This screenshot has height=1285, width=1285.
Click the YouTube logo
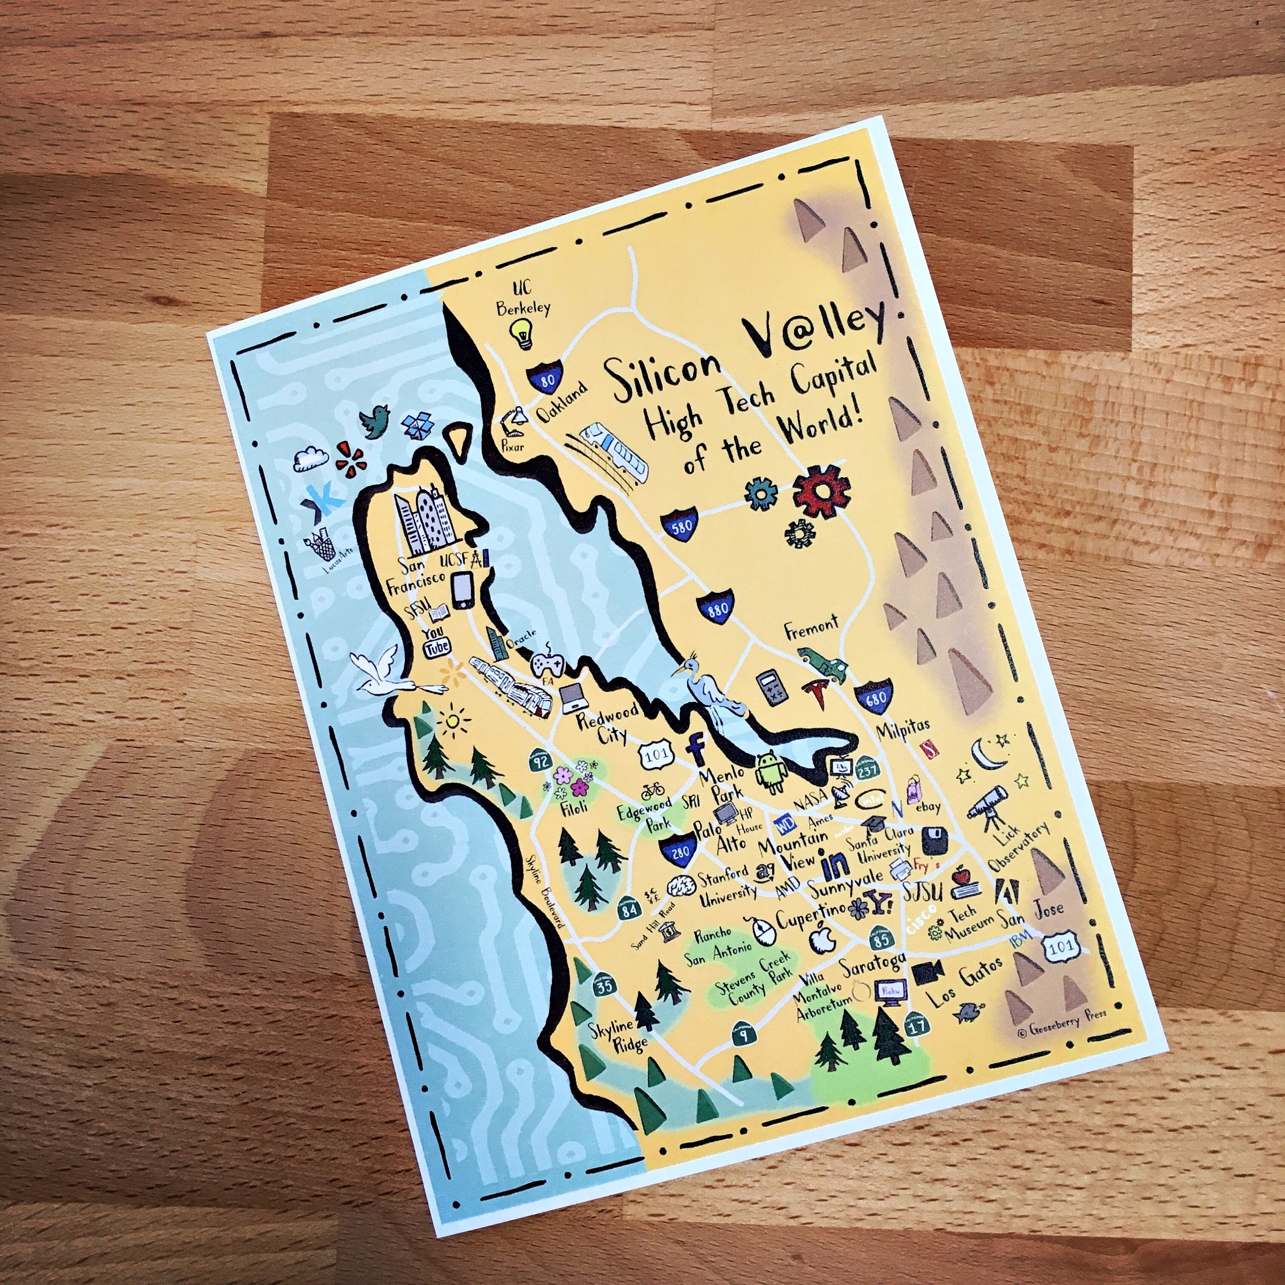click(x=437, y=642)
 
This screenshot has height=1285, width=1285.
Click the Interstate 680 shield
click(x=873, y=696)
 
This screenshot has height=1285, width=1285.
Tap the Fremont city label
click(x=811, y=627)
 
